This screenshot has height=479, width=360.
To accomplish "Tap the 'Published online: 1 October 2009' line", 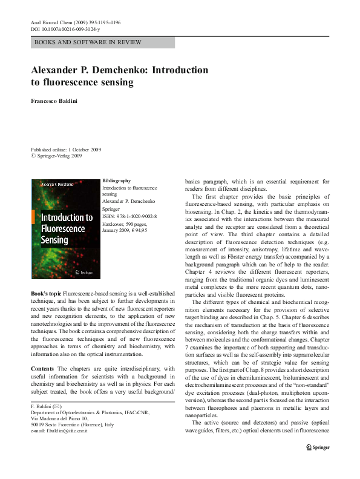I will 66,150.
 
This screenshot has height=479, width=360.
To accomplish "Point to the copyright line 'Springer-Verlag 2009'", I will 59,156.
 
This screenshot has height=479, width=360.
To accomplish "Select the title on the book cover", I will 67,227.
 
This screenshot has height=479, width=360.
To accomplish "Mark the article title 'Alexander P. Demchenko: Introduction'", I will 119,70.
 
